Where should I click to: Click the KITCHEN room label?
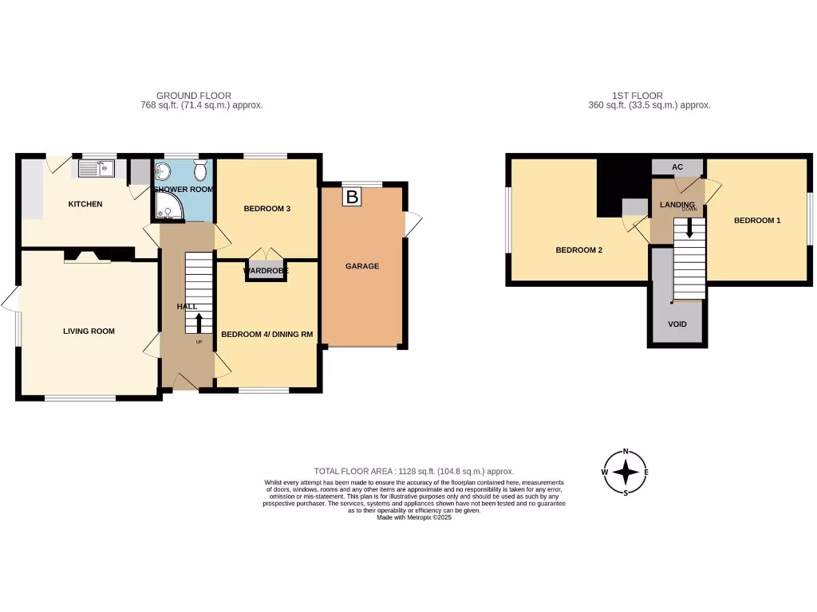pos(85,204)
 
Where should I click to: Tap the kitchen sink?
pos(97,169)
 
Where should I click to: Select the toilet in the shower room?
pos(200,170)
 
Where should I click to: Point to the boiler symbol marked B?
pos(351,196)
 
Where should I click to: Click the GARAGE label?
pos(361,266)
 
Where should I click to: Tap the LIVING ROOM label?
pos(89,331)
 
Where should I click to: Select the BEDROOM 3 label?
pos(266,209)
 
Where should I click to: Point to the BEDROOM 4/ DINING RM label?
pos(266,335)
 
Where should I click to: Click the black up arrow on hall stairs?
pos(198,324)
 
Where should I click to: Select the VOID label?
pos(677,324)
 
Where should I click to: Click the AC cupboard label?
pos(677,167)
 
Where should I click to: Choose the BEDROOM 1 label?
pos(756,220)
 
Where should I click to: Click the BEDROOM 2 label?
pos(578,250)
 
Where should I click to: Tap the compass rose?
pos(626,473)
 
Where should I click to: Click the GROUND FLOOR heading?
pos(194,96)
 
